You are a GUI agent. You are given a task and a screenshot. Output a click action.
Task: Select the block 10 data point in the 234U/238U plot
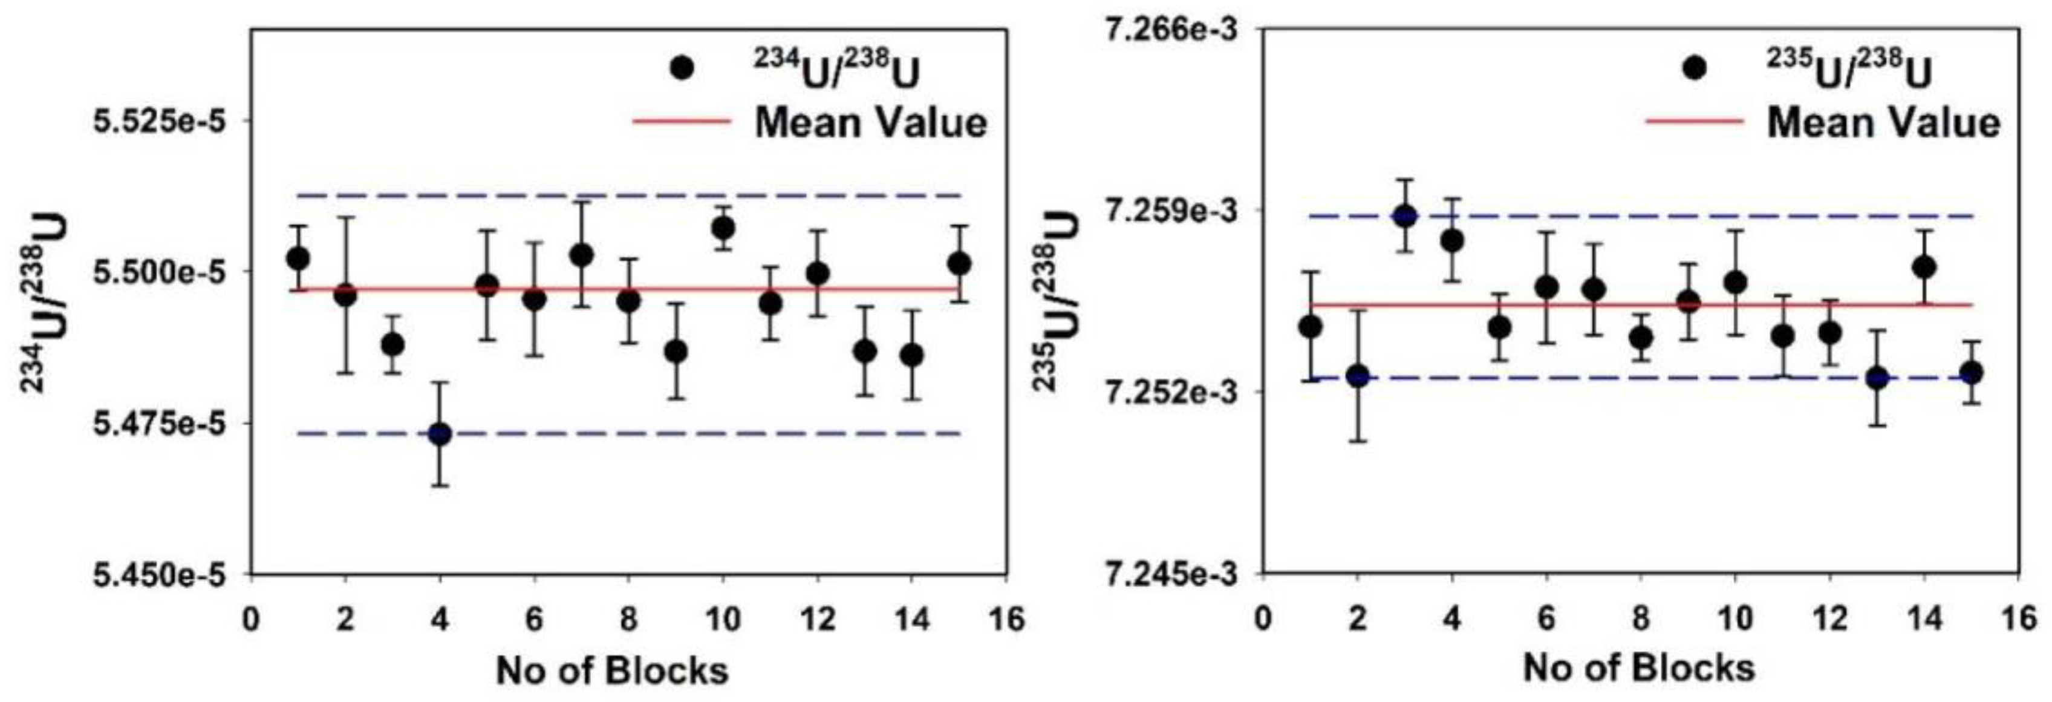click(723, 229)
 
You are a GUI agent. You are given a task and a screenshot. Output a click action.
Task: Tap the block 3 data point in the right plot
click(1405, 216)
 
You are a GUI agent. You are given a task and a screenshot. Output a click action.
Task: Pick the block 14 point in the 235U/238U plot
click(1924, 267)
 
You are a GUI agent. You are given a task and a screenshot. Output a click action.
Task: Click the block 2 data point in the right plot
click(1358, 376)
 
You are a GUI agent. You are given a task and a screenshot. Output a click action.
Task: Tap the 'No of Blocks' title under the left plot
click(612, 671)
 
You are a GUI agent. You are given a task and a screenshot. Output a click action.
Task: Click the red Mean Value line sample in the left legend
click(682, 122)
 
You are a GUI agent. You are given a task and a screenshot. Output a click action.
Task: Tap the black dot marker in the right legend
click(1695, 68)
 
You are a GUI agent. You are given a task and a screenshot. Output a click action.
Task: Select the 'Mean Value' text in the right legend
click(1884, 123)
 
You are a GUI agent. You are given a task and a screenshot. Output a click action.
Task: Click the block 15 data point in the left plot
click(959, 264)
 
